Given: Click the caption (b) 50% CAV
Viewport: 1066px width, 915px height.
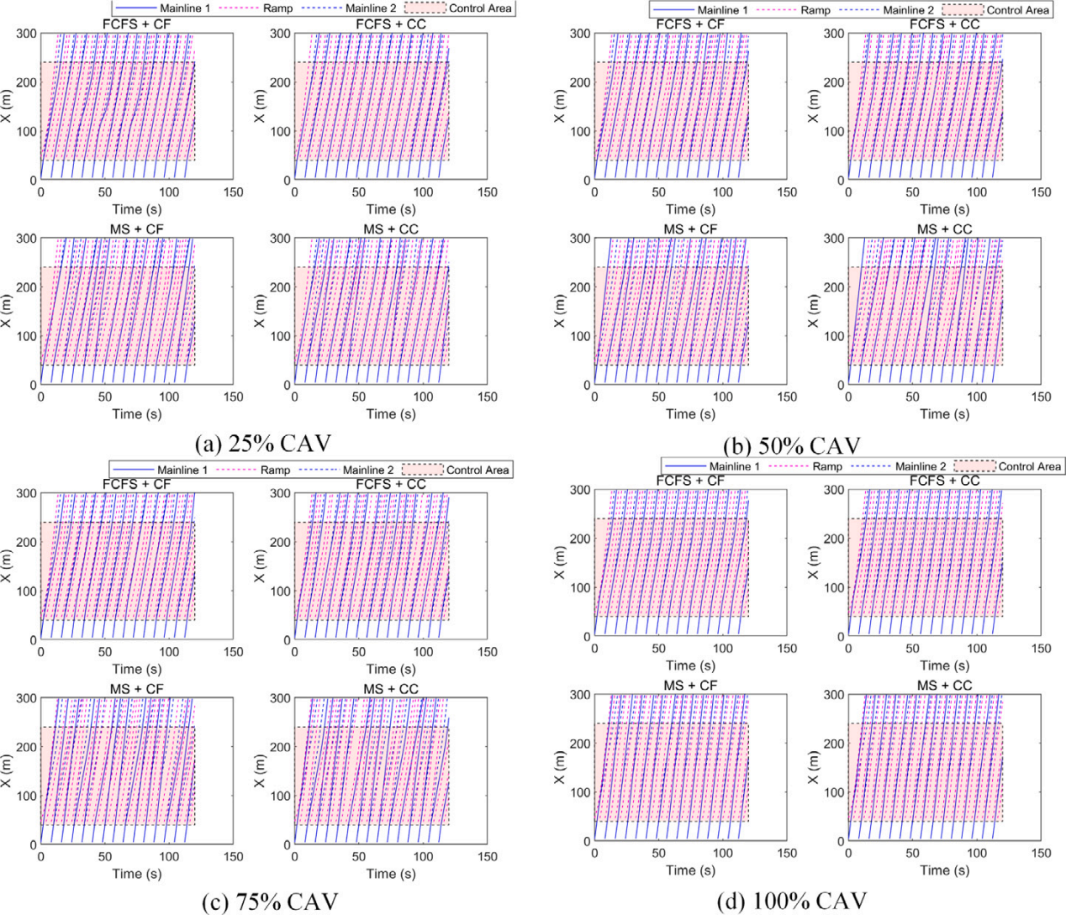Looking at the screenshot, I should tap(792, 444).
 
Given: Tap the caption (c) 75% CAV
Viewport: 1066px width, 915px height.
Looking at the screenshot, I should tap(271, 902).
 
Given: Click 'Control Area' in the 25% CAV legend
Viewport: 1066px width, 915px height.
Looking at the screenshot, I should tap(479, 8).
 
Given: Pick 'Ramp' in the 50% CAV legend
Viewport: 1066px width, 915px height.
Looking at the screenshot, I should tap(814, 10).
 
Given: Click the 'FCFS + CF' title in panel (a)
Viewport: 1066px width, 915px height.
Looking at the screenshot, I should tap(136, 24).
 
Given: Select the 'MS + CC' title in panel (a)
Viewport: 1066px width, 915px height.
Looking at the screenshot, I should tap(390, 229).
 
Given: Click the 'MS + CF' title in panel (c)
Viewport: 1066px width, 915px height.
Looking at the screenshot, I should tap(136, 689).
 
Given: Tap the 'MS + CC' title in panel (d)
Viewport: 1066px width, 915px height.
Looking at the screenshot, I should tap(944, 686).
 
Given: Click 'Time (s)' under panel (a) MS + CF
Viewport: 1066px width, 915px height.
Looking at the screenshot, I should tap(137, 413).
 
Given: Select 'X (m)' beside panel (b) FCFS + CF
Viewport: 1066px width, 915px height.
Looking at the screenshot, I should tap(562, 107).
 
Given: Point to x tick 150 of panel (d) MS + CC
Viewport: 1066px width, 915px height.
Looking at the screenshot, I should tap(1041, 853).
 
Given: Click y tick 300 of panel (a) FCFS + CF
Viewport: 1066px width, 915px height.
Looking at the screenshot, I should tap(27, 34).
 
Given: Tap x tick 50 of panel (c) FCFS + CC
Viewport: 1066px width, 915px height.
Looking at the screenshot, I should tap(358, 652).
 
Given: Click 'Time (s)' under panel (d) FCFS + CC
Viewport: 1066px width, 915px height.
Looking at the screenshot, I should tap(944, 665).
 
